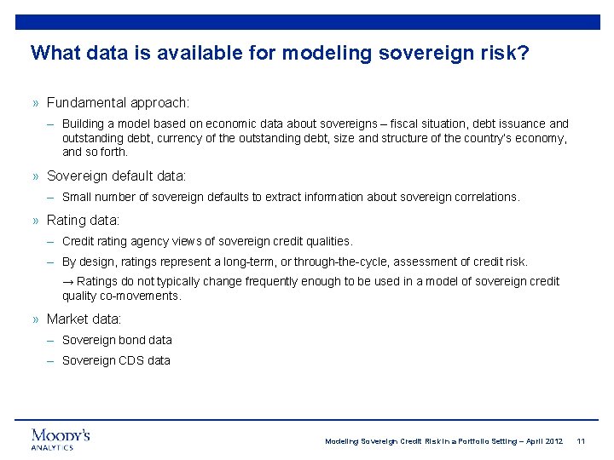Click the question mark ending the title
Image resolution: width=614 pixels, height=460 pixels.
point(524,53)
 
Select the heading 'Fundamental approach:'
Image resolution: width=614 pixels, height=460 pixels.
point(118,103)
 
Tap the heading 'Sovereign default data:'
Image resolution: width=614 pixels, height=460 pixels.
point(116,176)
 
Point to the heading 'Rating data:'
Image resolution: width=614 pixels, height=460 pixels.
point(83,221)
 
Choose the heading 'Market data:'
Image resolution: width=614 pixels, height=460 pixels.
point(84,319)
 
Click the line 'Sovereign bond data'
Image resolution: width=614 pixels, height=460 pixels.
point(117,340)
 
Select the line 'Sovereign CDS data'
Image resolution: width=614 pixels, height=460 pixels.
point(116,360)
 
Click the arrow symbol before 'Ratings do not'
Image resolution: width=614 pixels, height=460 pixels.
point(67,282)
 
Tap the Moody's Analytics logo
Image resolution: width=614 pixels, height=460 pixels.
point(61,439)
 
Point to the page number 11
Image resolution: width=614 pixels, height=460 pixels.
point(581,441)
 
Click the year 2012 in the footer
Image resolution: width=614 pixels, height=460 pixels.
point(553,441)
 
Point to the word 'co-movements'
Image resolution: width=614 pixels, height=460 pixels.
point(140,296)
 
